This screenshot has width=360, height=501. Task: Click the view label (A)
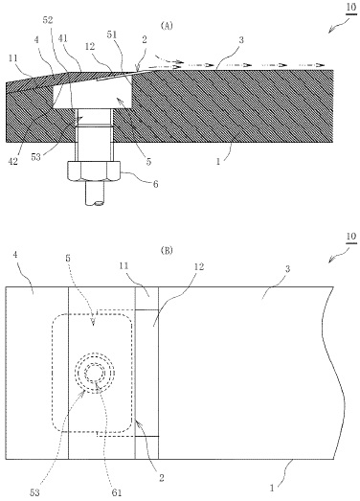(167, 26)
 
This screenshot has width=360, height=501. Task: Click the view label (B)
(167, 251)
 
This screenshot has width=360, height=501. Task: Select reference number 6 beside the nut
(155, 184)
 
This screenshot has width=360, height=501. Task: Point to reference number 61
(117, 492)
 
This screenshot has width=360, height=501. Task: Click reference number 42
(13, 161)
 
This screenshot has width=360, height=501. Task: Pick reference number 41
(63, 38)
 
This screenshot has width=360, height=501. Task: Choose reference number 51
(112, 34)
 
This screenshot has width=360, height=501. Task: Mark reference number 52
(47, 20)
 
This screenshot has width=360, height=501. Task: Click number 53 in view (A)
(35, 157)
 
